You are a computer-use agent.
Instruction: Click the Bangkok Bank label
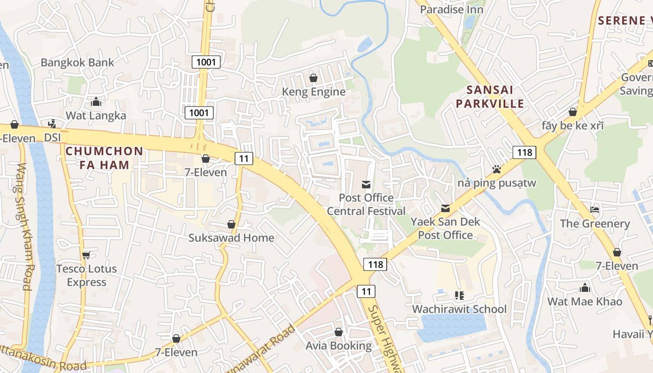pyautogui.click(x=77, y=62)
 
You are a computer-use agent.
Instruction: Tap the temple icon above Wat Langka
pyautogui.click(x=96, y=101)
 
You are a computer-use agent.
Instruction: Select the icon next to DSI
pyautogui.click(x=52, y=124)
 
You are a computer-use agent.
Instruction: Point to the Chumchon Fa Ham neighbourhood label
pyautogui.click(x=104, y=158)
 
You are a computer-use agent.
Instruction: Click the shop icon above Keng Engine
pyautogui.click(x=313, y=78)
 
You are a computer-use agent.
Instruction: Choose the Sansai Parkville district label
pyautogui.click(x=490, y=97)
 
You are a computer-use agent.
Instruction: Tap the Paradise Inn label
pyautogui.click(x=452, y=9)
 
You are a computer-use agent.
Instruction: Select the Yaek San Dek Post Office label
pyautogui.click(x=445, y=228)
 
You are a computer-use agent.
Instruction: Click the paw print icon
pyautogui.click(x=497, y=169)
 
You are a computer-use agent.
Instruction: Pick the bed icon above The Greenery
pyautogui.click(x=594, y=210)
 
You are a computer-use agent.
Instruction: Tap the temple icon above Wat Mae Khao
pyautogui.click(x=585, y=288)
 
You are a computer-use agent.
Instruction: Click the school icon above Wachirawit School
pyautogui.click(x=459, y=295)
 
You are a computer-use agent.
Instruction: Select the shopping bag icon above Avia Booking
pyautogui.click(x=339, y=332)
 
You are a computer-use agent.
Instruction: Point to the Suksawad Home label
pyautogui.click(x=231, y=238)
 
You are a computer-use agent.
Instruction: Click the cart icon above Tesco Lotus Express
pyautogui.click(x=86, y=255)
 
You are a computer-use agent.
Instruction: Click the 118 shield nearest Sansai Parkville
pyautogui.click(x=524, y=152)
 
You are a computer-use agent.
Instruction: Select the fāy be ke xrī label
pyautogui.click(x=572, y=126)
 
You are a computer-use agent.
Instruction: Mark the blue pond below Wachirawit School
pyautogui.click(x=450, y=326)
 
